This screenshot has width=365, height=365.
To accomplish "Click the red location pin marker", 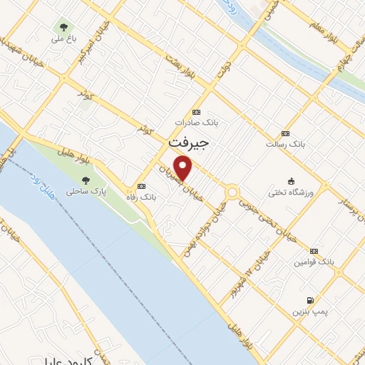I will tap(185, 168).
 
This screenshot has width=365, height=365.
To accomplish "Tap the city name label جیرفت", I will tap(189, 143).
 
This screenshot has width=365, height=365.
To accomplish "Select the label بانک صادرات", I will tap(197, 123).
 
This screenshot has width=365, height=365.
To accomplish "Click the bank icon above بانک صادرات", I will tap(197, 112).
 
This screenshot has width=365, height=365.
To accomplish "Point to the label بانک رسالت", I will tap(285, 144).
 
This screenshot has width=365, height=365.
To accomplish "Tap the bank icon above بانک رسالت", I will tap(286, 133).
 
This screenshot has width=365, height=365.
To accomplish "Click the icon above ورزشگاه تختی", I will tap(291, 181).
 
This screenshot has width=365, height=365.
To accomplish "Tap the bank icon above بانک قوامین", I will tap(314, 251).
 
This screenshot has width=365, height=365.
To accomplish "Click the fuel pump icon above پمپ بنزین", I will tap(309, 300).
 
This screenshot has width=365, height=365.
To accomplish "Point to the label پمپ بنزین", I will tap(308, 312).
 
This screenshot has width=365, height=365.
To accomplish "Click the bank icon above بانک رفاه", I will tap(140, 185).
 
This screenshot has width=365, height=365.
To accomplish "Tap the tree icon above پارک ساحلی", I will tap(86, 180).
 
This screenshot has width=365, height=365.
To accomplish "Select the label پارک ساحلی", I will tap(86, 192).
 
